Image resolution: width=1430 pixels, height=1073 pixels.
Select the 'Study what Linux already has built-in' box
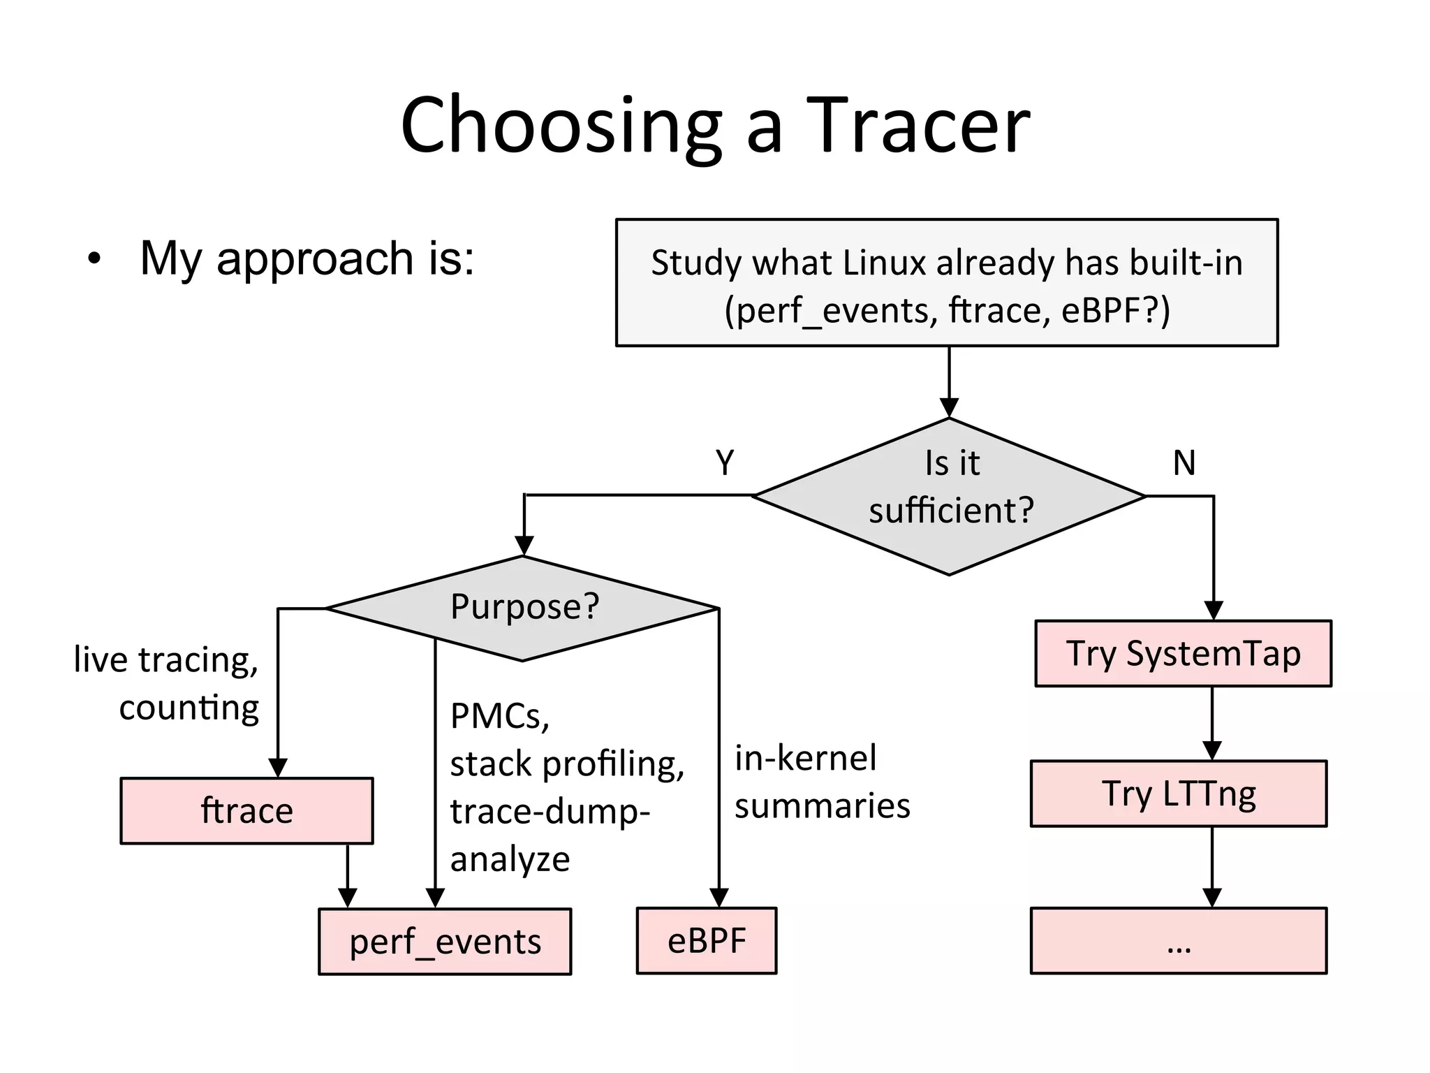pyautogui.click(x=946, y=283)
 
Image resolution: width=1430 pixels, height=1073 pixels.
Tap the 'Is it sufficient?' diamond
pyautogui.click(x=950, y=496)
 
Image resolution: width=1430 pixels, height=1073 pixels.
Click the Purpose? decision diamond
pyautogui.click(x=523, y=608)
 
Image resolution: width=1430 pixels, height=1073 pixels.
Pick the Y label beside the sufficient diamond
pyautogui.click(x=725, y=462)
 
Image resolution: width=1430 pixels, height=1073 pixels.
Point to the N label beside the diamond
pyautogui.click(x=1184, y=462)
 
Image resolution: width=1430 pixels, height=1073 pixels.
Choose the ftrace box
pyautogui.click(x=246, y=811)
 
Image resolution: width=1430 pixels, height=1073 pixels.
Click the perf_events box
pyautogui.click(x=445, y=942)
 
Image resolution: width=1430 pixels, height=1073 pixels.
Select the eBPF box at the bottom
pyautogui.click(x=706, y=941)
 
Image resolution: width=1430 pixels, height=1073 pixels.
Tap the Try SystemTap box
pyautogui.click(x=1183, y=654)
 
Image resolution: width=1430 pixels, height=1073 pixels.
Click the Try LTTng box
pyautogui.click(x=1179, y=794)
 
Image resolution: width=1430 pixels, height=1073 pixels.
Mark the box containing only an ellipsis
pyautogui.click(x=1179, y=941)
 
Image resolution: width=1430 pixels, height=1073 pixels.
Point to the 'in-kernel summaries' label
pyautogui.click(x=822, y=782)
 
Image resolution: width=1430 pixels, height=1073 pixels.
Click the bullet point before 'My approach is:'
pyautogui.click(x=94, y=260)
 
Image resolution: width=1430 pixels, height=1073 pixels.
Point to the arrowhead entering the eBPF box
pyautogui.click(x=718, y=898)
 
